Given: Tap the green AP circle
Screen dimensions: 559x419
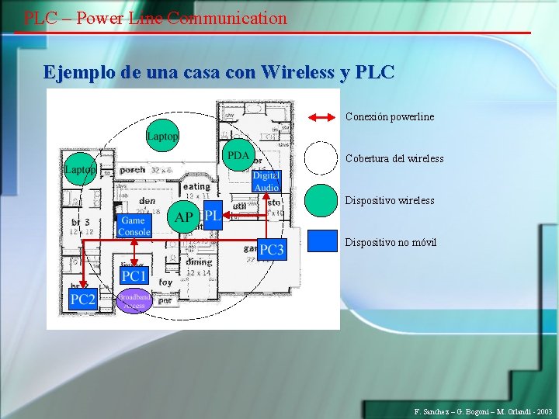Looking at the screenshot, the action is tap(183, 216).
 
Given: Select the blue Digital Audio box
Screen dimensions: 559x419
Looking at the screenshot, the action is tap(266, 182).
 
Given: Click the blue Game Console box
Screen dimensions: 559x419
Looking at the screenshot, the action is tap(134, 226).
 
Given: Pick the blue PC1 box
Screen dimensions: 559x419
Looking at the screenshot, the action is tap(134, 275).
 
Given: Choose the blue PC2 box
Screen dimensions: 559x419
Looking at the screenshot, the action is tap(82, 299).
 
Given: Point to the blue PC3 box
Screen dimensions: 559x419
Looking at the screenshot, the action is tap(272, 250).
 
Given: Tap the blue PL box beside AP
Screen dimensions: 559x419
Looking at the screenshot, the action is tap(212, 215).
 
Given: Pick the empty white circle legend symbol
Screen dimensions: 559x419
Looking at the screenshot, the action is tap(321, 158).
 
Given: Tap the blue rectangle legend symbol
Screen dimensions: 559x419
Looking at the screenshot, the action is tap(322, 241).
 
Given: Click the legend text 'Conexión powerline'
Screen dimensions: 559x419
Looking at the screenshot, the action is tap(390, 117).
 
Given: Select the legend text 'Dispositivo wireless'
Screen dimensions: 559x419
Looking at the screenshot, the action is tap(390, 201).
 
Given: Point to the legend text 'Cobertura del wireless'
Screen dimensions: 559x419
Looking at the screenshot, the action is tap(394, 159).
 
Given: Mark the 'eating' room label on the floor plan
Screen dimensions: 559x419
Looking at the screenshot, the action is tap(196, 186).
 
